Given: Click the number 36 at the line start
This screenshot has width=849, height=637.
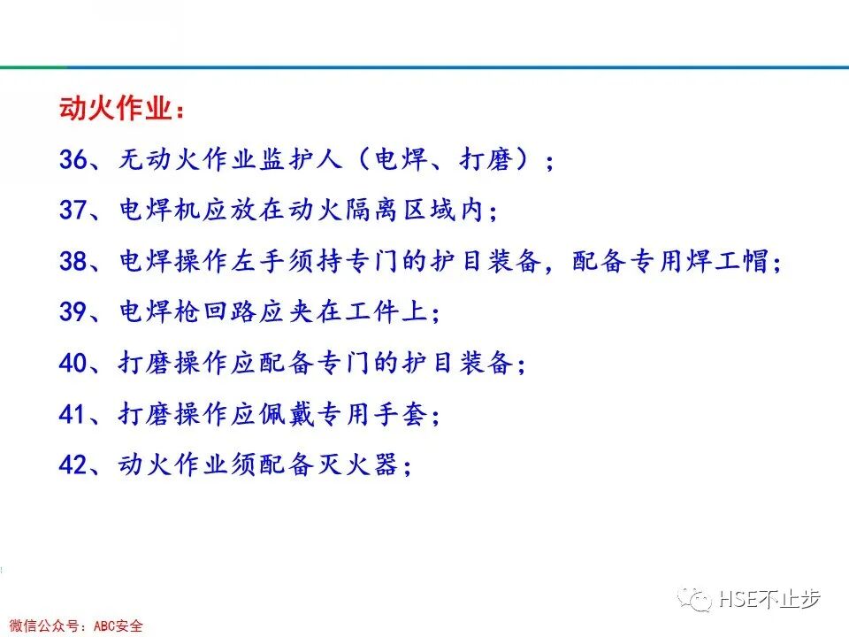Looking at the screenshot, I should click(x=73, y=160).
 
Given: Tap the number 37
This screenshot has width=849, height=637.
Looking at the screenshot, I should click(x=73, y=211).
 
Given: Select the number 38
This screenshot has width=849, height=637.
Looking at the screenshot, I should click(x=73, y=262).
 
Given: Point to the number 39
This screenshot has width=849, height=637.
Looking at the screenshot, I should click(x=73, y=312).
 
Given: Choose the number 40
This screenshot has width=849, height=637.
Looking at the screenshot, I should click(x=73, y=363).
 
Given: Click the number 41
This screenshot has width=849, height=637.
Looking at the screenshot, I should click(x=73, y=414).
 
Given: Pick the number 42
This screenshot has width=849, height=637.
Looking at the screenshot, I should click(x=73, y=464).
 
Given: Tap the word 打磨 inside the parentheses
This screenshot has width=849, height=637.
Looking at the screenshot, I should click(x=487, y=160).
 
